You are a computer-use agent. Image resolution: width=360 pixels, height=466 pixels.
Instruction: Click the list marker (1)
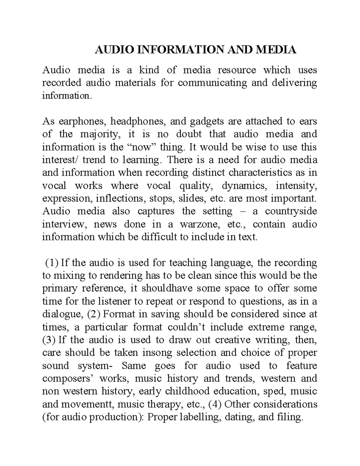pos(51,263)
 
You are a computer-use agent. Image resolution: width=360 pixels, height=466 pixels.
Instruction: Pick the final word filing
pos(288,417)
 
